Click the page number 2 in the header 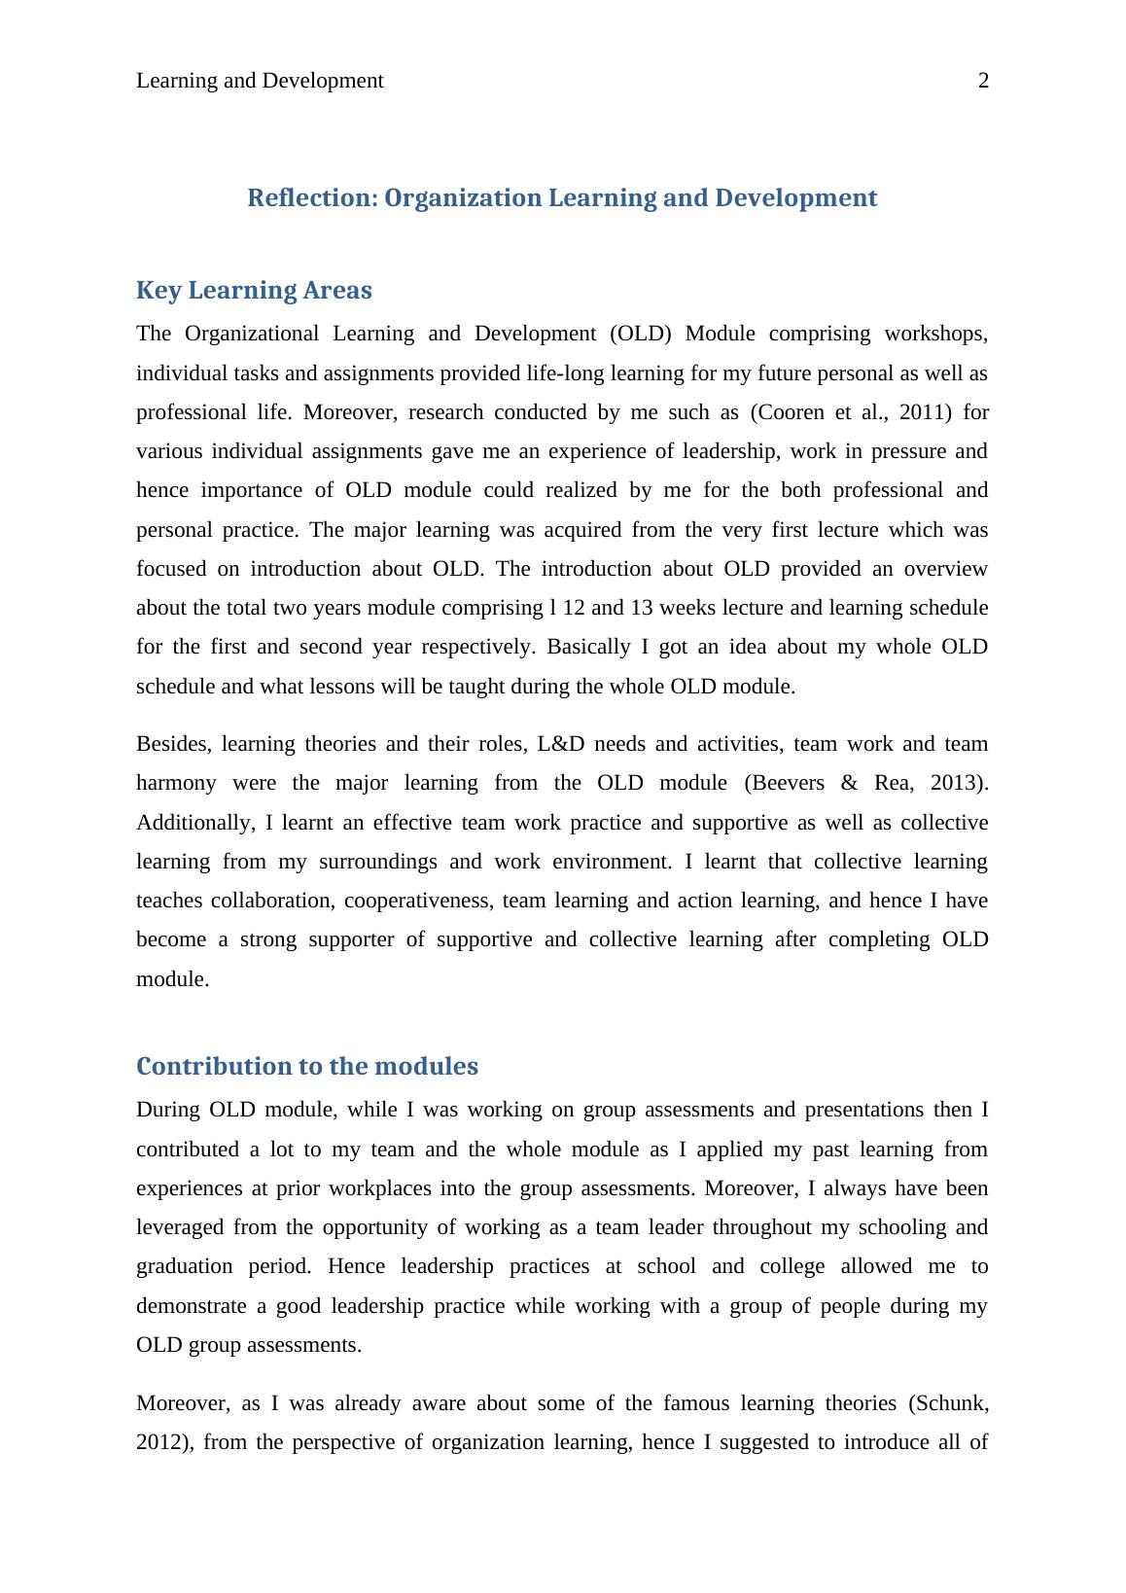tap(983, 81)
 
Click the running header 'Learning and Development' tap(260, 81)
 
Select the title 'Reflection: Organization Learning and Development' tap(562, 197)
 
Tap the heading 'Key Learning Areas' tap(254, 290)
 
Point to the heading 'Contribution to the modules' tap(307, 1066)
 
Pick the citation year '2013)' tap(960, 783)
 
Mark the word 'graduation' tap(183, 1266)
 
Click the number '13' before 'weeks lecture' tap(642, 608)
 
